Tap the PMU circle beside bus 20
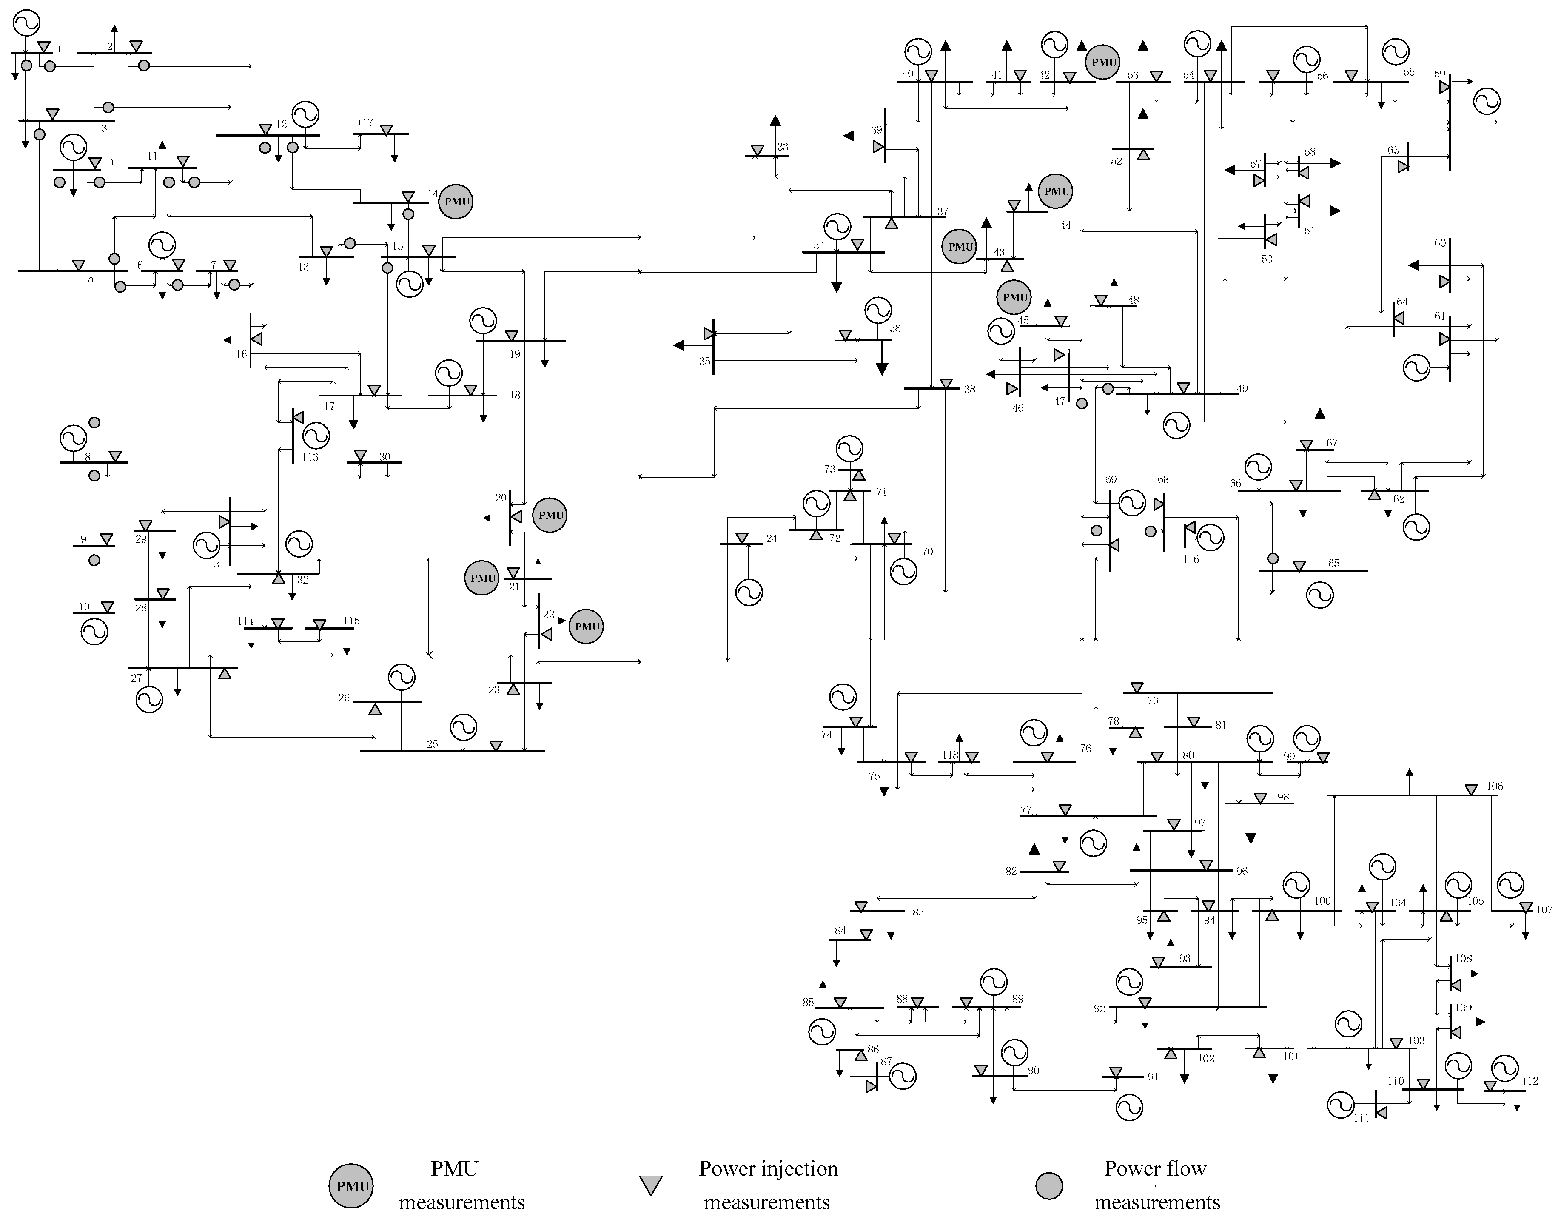[550, 515]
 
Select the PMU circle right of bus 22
[587, 627]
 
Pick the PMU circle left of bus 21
[482, 578]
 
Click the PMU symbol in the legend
[352, 1186]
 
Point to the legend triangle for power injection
[650, 1185]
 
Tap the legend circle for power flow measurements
[1049, 1185]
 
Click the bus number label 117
[365, 123]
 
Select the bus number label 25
[432, 744]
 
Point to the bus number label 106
[1495, 786]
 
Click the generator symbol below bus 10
[94, 632]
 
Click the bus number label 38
[969, 390]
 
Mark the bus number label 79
[1153, 701]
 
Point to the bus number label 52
[1116, 161]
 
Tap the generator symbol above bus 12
[305, 114]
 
